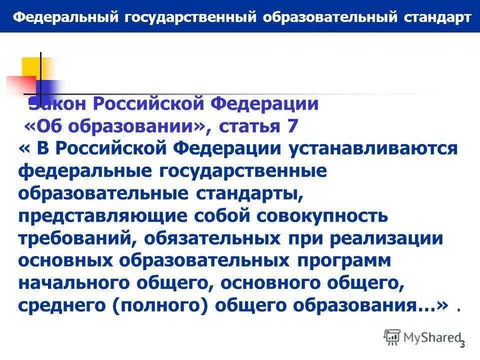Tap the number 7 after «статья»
tap(292, 126)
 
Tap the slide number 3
tap(462, 344)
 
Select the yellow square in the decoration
tap(31, 67)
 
